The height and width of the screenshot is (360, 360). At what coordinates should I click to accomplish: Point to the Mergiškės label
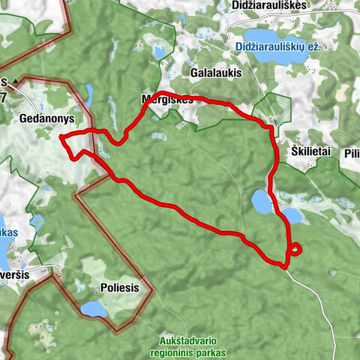166,99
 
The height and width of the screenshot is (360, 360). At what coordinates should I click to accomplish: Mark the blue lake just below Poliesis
92,308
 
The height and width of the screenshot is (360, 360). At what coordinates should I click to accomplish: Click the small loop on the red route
295,249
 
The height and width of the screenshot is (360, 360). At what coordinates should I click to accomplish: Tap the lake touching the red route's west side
261,201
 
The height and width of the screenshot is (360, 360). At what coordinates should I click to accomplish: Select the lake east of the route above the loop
292,216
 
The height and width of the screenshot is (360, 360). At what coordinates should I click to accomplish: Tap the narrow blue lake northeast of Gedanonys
89,94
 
